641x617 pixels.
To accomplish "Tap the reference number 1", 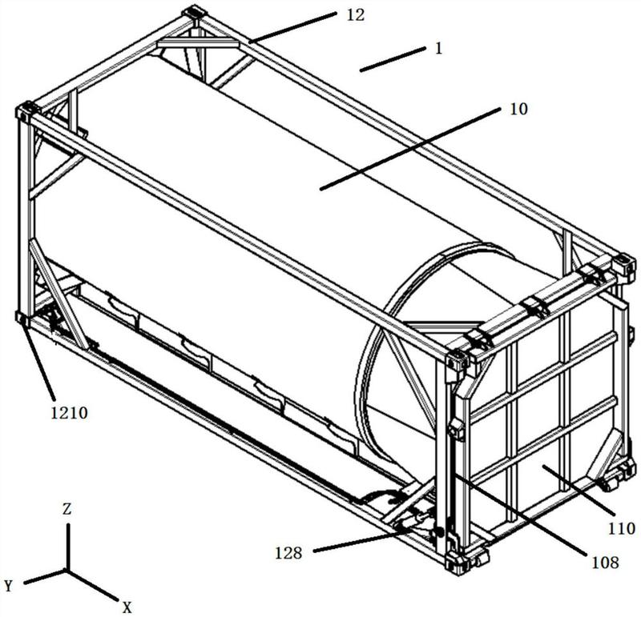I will tap(439, 47).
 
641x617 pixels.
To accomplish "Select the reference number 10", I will tap(519, 110).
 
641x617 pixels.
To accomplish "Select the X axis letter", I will tap(127, 606).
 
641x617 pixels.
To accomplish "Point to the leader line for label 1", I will tap(392, 60).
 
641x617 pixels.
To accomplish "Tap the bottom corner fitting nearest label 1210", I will tap(22, 318).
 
